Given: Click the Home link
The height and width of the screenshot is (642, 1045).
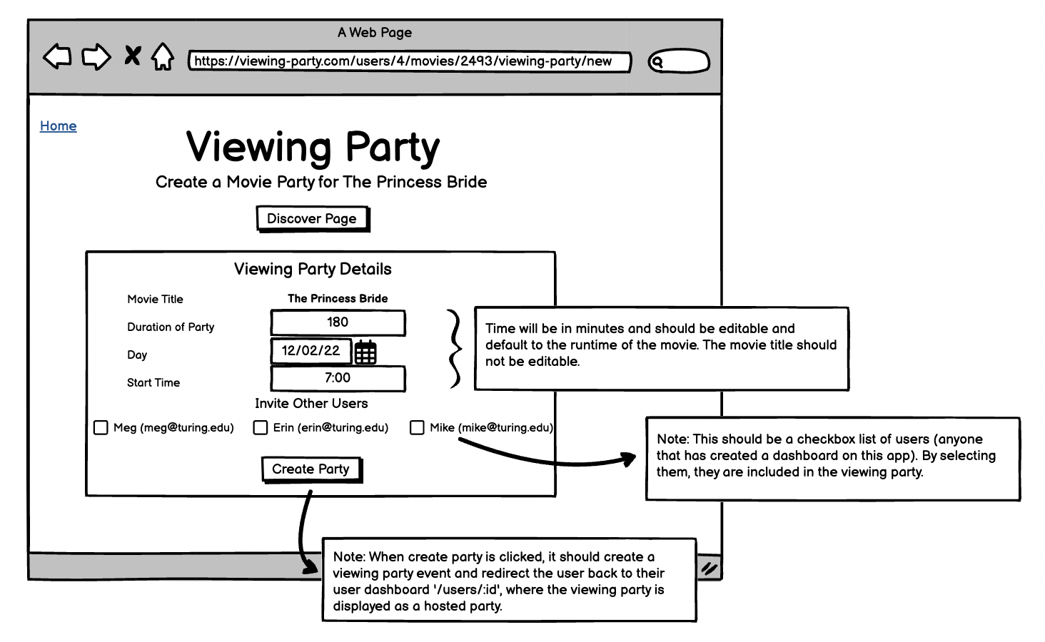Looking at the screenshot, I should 58,126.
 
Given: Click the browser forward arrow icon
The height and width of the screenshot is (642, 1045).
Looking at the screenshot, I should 96,57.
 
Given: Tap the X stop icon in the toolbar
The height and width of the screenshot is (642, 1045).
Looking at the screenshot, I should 132,56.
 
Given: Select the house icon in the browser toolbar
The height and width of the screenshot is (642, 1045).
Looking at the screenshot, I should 163,57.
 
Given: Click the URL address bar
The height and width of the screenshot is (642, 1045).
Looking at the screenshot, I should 409,61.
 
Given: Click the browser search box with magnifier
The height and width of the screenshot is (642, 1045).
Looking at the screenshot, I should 678,62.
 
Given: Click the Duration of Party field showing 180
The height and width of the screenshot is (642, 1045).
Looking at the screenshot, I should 338,322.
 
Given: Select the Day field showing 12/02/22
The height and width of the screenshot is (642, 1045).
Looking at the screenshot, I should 311,351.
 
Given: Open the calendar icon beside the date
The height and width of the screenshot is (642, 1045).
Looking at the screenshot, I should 365,352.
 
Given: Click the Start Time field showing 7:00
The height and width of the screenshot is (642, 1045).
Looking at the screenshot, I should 338,379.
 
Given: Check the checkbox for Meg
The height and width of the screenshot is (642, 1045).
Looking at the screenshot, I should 101,428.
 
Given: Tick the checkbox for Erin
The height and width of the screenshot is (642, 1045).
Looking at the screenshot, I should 261,428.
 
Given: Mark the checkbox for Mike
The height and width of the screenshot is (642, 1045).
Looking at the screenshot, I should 417,428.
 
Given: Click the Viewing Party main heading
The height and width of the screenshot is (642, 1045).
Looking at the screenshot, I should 313,148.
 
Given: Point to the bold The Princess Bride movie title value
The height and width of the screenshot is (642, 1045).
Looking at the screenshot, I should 338,299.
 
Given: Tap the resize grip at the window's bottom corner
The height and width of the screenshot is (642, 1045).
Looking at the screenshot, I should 709,569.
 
